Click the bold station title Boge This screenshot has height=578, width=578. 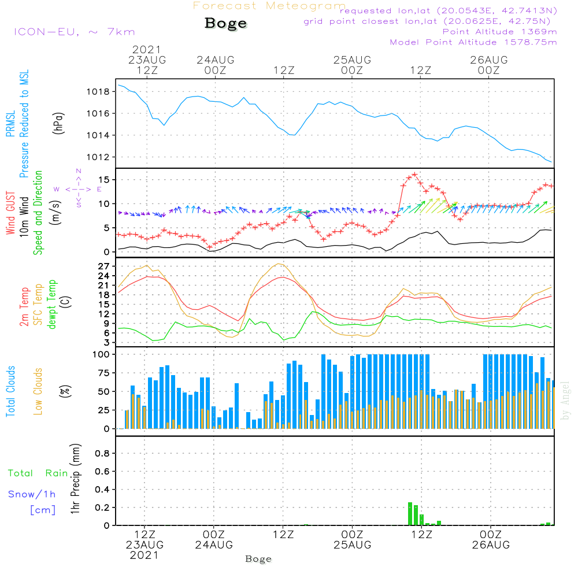(225, 24)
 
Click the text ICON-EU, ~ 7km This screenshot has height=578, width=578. (74, 32)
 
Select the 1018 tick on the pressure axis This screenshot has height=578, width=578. (98, 92)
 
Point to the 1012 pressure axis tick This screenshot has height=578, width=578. (98, 157)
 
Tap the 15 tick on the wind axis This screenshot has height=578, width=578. (105, 180)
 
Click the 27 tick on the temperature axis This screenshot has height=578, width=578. (104, 266)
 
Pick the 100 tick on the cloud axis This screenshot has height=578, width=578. (101, 354)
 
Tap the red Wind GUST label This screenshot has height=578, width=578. (11, 214)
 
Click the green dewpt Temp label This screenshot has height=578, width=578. (53, 304)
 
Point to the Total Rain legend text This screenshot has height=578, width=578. (38, 473)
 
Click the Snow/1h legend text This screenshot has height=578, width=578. (32, 494)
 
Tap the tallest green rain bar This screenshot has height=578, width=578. (410, 514)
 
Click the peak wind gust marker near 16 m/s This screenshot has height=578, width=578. (414, 175)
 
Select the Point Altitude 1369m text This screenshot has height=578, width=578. (499, 32)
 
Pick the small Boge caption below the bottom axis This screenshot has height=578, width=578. (258, 559)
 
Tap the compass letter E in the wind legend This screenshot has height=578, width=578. (99, 189)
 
